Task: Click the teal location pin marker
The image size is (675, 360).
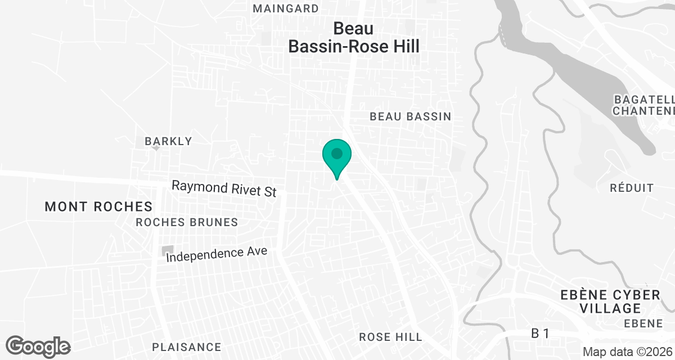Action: click(x=336, y=155)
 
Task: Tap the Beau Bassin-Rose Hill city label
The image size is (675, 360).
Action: click(x=354, y=37)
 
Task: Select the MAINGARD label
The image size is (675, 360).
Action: click(x=285, y=8)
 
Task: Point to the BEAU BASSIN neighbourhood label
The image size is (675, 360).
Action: click(x=410, y=116)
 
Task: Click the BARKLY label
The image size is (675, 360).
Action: click(x=168, y=141)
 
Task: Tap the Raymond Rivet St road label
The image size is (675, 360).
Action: click(x=224, y=188)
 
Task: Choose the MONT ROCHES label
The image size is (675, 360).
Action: click(x=98, y=206)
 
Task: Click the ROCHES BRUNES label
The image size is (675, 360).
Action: click(x=187, y=222)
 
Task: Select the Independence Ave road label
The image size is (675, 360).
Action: click(x=217, y=254)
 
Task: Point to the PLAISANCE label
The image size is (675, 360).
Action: click(x=187, y=347)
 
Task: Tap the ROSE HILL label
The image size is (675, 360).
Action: click(x=390, y=337)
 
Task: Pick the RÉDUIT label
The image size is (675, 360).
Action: click(x=632, y=188)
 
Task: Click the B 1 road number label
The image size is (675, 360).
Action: click(x=540, y=334)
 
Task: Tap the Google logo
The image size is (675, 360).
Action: click(x=38, y=346)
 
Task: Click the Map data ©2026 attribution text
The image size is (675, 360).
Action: click(x=627, y=352)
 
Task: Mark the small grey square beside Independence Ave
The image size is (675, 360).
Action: click(x=167, y=250)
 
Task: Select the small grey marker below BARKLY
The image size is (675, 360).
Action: click(x=156, y=148)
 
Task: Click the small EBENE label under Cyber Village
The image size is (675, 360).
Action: click(x=643, y=323)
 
